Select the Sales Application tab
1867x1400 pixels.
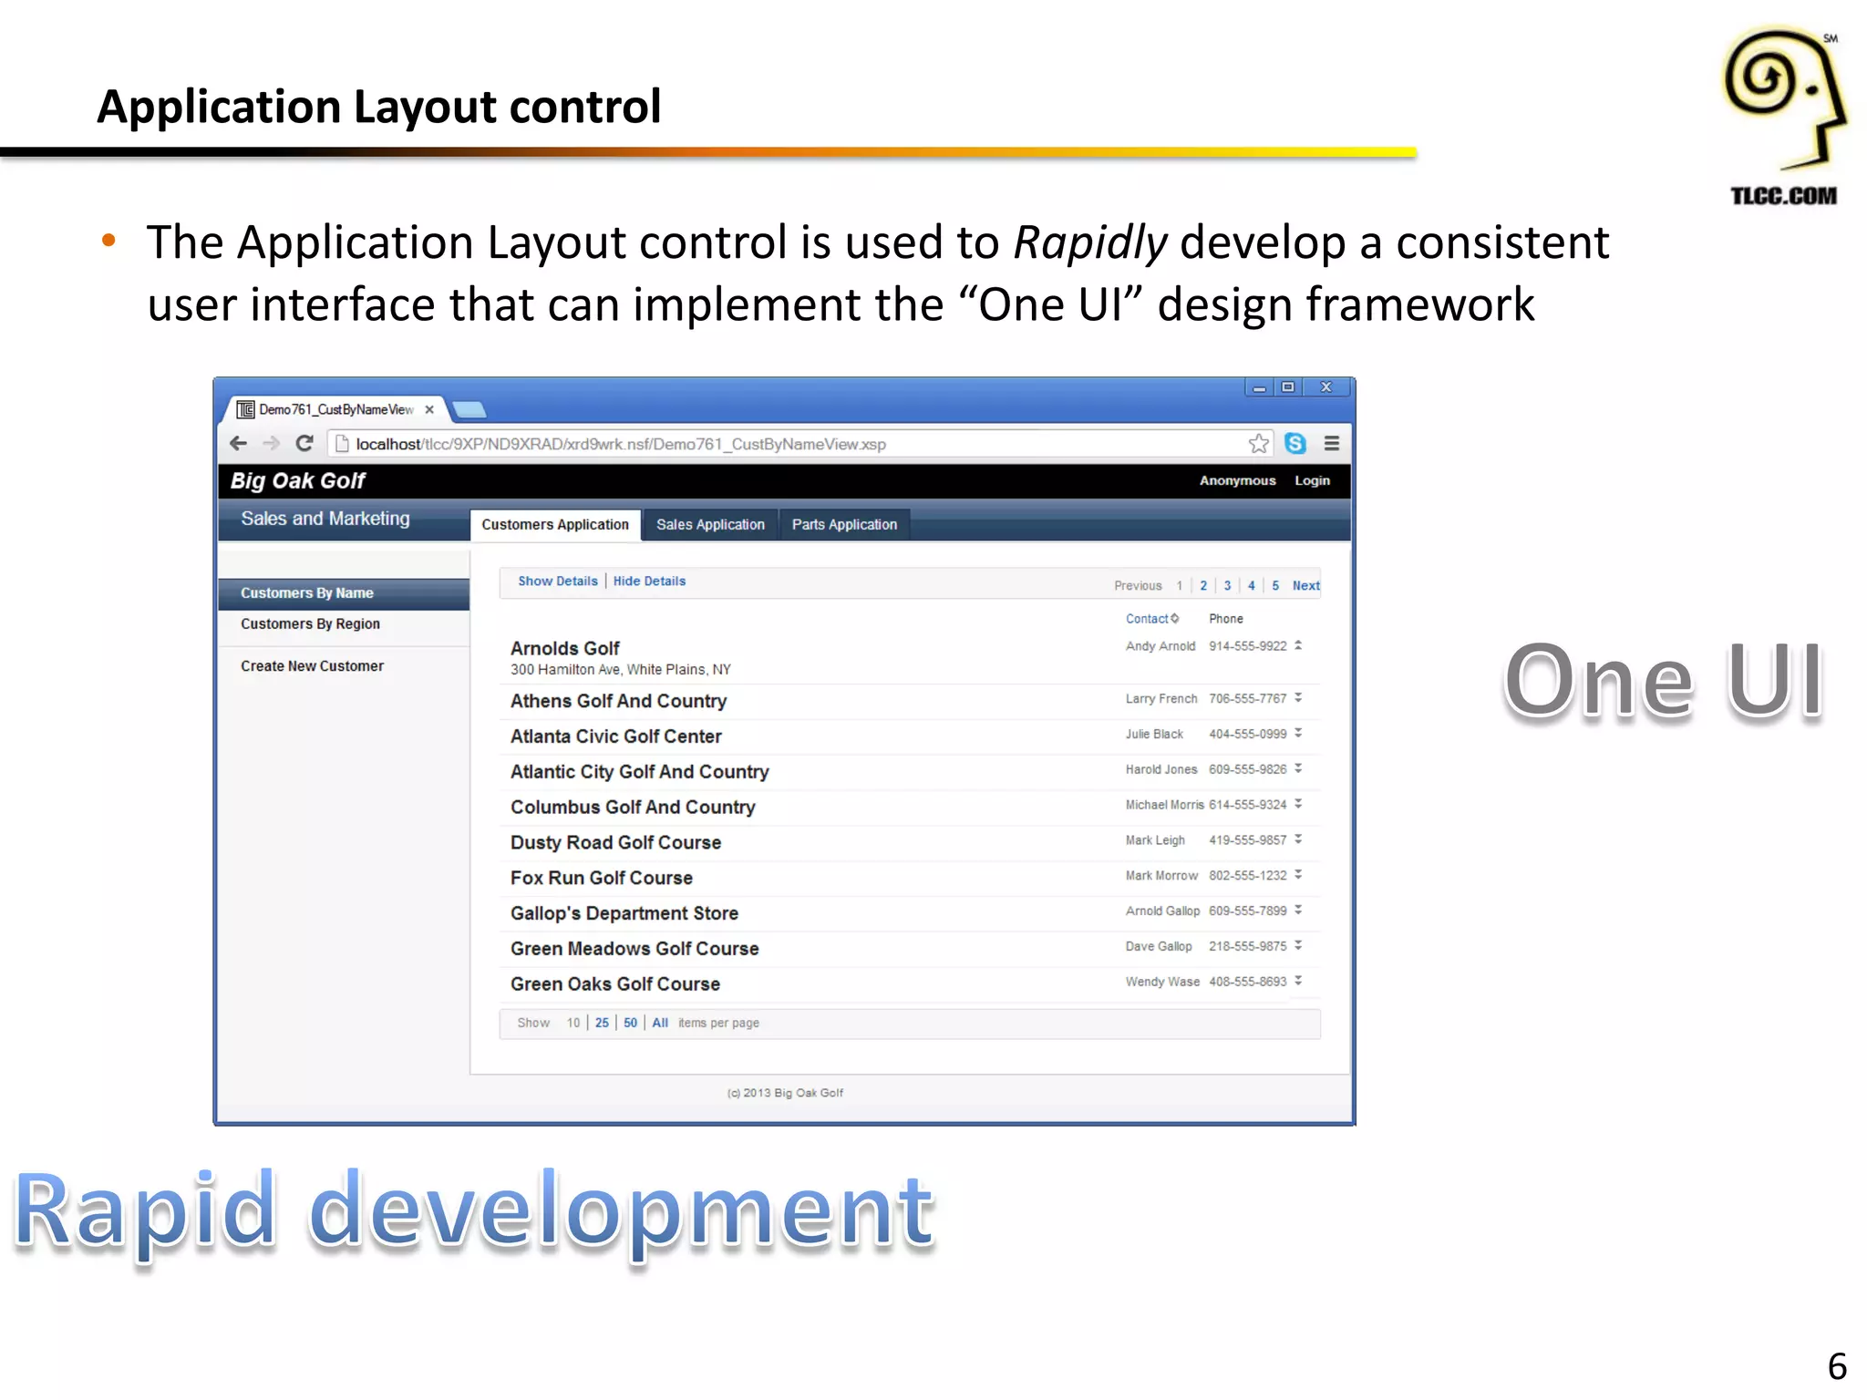(x=710, y=524)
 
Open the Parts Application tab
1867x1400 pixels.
(x=844, y=524)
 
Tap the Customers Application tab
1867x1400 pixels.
(x=555, y=524)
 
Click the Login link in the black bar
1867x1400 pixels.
(x=1312, y=480)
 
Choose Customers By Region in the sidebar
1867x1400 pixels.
(x=310, y=623)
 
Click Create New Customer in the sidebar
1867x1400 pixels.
(x=312, y=666)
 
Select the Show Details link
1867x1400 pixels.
(x=558, y=581)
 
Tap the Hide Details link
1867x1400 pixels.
(x=649, y=581)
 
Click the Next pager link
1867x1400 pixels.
(x=1305, y=585)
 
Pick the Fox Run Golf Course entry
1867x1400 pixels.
(x=602, y=878)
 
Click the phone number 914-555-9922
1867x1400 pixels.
(x=1247, y=646)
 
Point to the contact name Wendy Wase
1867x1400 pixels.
(x=1162, y=982)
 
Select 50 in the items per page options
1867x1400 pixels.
(x=630, y=1023)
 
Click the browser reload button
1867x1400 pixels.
(x=304, y=444)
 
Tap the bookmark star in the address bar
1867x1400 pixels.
(x=1259, y=444)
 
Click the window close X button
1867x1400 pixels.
(x=1326, y=387)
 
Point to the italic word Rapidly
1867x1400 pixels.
(x=1090, y=242)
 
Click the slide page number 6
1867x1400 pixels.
(x=1837, y=1366)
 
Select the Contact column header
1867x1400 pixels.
(x=1147, y=619)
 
